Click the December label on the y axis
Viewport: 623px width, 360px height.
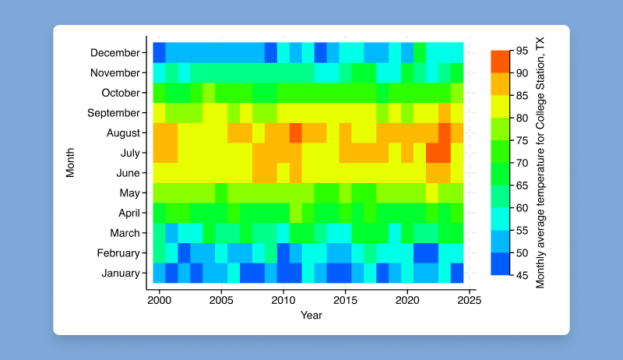point(115,53)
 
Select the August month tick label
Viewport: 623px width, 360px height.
point(122,133)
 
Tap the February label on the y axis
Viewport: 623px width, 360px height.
point(118,253)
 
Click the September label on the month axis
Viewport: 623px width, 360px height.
point(114,113)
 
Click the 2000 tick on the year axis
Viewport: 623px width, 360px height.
point(159,300)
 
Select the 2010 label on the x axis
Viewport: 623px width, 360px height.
point(283,300)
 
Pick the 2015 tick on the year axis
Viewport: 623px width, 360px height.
point(345,300)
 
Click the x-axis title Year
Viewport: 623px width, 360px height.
point(311,316)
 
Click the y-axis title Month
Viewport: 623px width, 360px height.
point(70,163)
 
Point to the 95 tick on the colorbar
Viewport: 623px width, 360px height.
point(522,51)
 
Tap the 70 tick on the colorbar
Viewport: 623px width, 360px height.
point(522,162)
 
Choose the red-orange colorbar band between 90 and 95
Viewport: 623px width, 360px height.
point(500,62)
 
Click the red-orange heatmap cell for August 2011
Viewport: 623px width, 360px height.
point(296,133)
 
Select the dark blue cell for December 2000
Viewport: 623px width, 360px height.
point(159,53)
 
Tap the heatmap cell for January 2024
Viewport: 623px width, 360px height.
point(457,274)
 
